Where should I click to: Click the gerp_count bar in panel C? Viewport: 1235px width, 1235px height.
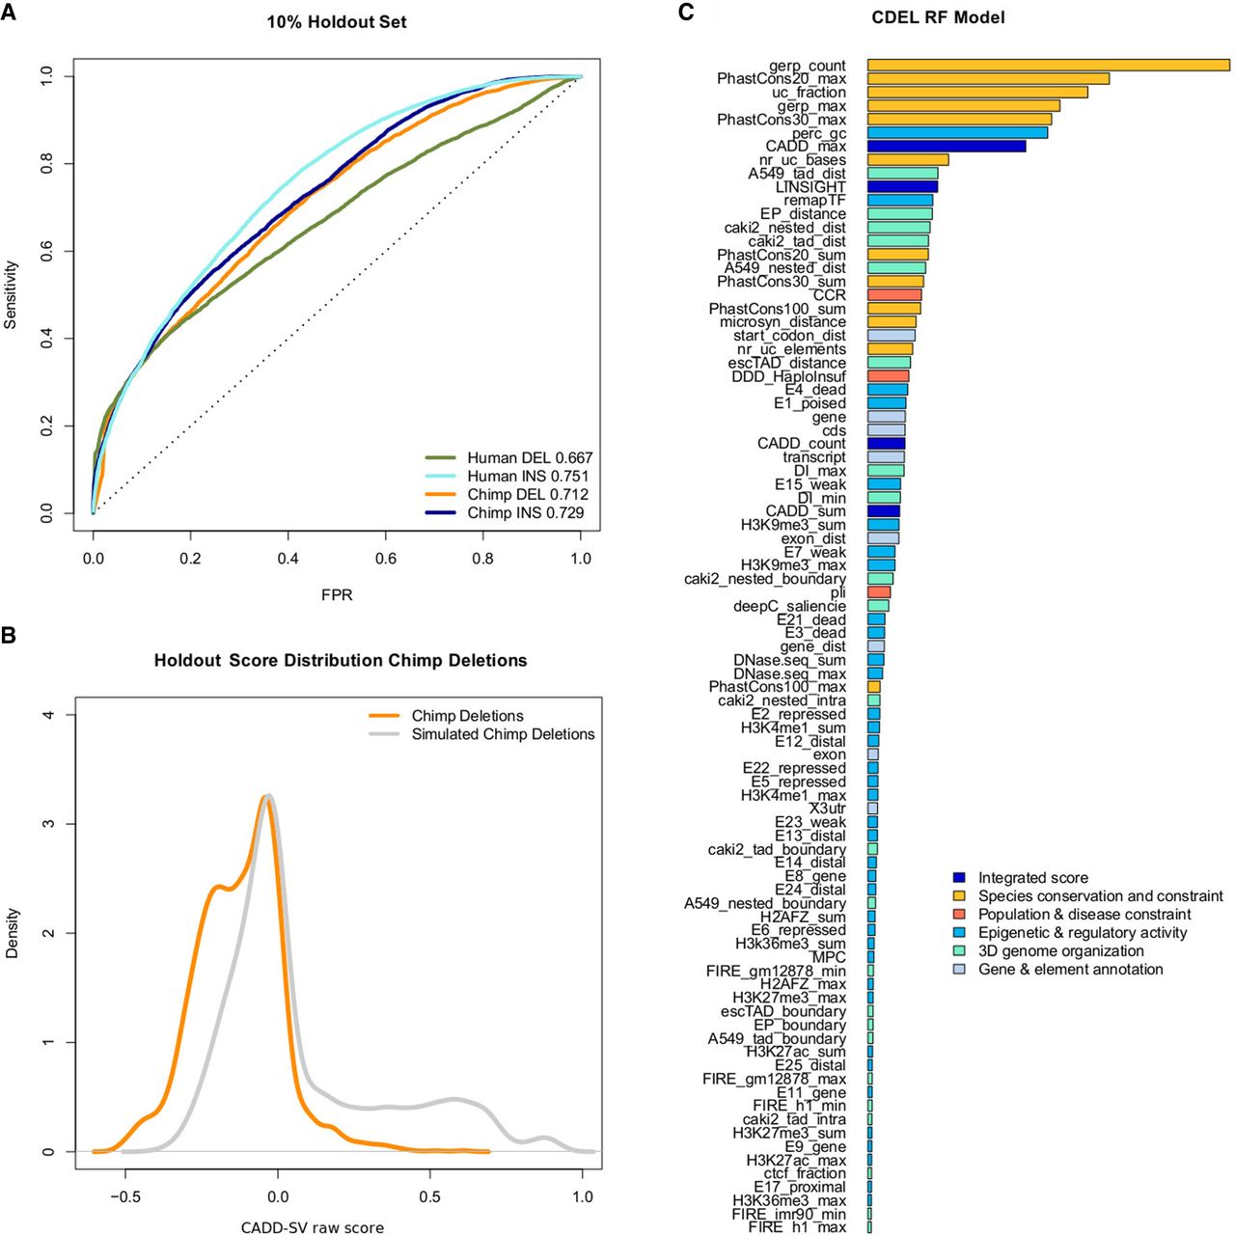(1048, 66)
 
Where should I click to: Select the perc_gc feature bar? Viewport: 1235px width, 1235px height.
(957, 133)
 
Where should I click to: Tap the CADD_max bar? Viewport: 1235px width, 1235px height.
(946, 147)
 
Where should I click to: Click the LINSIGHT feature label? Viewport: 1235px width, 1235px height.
(810, 187)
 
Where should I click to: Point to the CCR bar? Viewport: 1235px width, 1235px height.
(894, 295)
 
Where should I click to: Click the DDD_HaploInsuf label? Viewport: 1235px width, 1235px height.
(788, 376)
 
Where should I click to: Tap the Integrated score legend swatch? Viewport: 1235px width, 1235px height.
(959, 878)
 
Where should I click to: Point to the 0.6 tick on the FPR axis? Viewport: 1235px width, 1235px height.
(385, 559)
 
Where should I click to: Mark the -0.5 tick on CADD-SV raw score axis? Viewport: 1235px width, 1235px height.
(124, 1197)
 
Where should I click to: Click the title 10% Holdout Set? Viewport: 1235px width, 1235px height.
(337, 21)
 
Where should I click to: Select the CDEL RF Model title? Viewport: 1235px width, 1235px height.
(938, 17)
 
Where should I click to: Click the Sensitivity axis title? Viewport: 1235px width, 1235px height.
(11, 294)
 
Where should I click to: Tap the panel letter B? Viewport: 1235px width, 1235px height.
(8, 637)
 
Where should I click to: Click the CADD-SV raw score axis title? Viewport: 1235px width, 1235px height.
(312, 1227)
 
